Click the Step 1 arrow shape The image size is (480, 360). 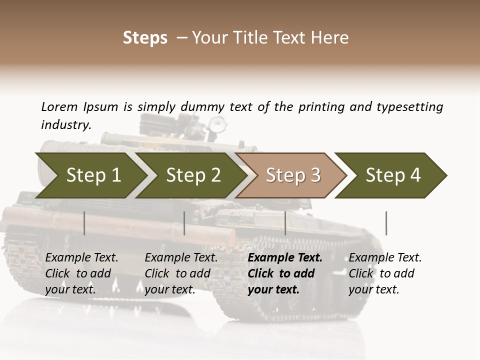click(90, 175)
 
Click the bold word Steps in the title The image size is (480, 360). click(145, 37)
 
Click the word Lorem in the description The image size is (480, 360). click(59, 106)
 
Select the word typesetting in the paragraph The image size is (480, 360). click(410, 106)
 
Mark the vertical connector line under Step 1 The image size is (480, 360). click(84, 223)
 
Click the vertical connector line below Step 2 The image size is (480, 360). click(184, 223)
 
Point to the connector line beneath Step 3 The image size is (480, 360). click(285, 223)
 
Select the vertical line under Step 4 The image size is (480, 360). click(386, 223)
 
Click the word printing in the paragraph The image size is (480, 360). click(320, 106)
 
